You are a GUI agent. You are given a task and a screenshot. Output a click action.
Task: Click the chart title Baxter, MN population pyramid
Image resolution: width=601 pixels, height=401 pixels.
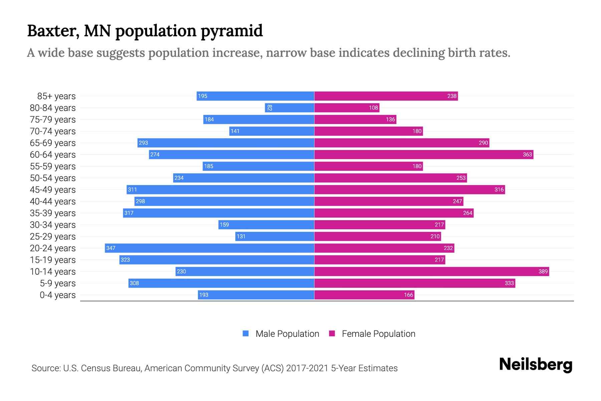pos(145,31)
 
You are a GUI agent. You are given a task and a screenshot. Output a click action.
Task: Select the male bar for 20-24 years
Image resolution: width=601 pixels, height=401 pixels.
pos(209,248)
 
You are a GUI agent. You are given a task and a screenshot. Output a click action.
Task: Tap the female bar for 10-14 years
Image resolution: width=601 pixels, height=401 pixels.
pos(431,271)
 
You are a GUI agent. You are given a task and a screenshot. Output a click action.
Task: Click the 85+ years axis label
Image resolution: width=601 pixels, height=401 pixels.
pos(56,96)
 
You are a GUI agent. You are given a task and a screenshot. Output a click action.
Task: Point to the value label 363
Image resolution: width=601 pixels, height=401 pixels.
pos(527,154)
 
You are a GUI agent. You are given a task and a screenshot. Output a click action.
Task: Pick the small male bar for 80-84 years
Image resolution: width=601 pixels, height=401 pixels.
pos(289,108)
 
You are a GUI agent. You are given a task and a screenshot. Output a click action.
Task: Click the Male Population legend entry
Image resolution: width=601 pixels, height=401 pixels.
pos(281,333)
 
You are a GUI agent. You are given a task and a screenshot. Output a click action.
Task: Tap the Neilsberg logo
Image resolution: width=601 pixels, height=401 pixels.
pos(536,365)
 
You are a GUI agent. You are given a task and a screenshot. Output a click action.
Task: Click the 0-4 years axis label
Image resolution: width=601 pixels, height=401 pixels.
pos(57,295)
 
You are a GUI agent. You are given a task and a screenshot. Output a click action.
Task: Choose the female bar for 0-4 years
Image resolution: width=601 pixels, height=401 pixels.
pos(364,295)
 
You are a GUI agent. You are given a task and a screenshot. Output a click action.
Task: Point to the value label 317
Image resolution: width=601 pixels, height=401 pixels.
pos(129,213)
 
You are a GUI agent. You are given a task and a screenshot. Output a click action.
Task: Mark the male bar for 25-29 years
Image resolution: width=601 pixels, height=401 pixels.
pos(275,236)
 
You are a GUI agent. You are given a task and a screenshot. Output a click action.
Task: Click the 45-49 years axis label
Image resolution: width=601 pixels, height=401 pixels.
pos(53,190)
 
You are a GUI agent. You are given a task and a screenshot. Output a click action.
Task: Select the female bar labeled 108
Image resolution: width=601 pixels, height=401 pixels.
pos(347,108)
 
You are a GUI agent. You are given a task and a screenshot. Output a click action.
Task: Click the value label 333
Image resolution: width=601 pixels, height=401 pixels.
pos(509,283)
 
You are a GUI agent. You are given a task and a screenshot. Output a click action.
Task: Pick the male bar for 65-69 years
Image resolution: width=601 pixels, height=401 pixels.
pos(226,143)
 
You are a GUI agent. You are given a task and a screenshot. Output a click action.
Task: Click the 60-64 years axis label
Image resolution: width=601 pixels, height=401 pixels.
pos(53,155)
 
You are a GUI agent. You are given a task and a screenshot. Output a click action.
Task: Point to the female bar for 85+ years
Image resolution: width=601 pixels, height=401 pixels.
pos(386,96)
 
